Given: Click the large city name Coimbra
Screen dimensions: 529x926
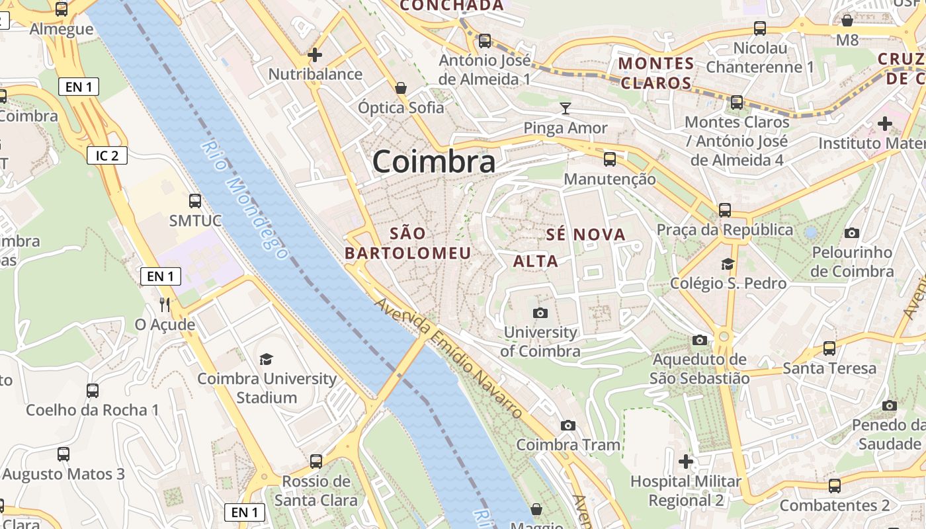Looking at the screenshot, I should pyautogui.click(x=433, y=162).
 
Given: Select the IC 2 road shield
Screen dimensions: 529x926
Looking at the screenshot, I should pyautogui.click(x=107, y=155).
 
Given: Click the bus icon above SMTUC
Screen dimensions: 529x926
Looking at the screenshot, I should pyautogui.click(x=194, y=200).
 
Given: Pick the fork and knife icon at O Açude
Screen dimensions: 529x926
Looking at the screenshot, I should pyautogui.click(x=165, y=304).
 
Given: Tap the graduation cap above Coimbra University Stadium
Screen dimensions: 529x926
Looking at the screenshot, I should pyautogui.click(x=266, y=359).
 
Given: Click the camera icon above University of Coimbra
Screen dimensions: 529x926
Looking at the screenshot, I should pyautogui.click(x=540, y=313).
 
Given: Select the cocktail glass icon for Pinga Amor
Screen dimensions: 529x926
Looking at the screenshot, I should pyautogui.click(x=566, y=108).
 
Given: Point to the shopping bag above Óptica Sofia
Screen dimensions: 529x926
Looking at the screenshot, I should pyautogui.click(x=401, y=87).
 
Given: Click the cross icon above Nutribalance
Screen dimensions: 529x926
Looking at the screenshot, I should pyautogui.click(x=315, y=55).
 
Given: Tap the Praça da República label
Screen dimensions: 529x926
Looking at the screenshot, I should pyautogui.click(x=724, y=230).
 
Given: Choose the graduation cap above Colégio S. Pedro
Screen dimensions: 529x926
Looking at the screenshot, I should pyautogui.click(x=728, y=264).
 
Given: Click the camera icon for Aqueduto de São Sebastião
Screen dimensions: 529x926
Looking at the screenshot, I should pyautogui.click(x=699, y=341).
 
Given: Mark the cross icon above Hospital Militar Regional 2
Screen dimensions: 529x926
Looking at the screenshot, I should pyautogui.click(x=686, y=461).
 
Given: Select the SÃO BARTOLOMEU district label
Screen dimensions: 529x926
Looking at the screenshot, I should pyautogui.click(x=408, y=243).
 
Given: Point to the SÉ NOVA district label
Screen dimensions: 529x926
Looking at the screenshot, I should pyautogui.click(x=586, y=235).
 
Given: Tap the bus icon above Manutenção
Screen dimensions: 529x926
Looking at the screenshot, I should pyautogui.click(x=609, y=159).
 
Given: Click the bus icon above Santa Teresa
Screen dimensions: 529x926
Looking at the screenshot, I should pyautogui.click(x=829, y=348).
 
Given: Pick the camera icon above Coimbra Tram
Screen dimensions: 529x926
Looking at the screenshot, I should pyautogui.click(x=568, y=425).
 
